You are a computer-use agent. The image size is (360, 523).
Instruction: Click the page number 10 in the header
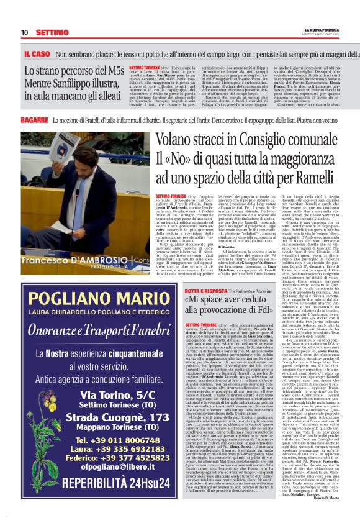tap(24, 32)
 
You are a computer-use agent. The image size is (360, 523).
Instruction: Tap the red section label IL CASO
tap(37, 54)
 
